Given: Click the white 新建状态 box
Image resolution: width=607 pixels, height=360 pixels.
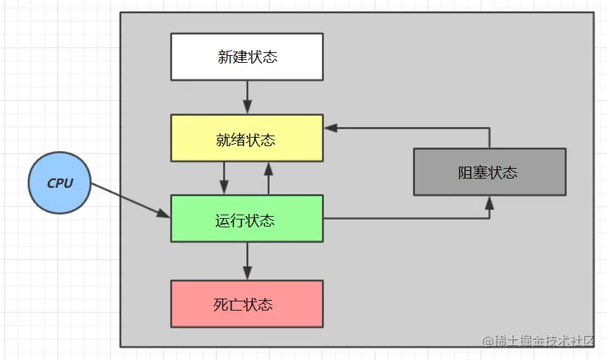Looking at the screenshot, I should pyautogui.click(x=247, y=56).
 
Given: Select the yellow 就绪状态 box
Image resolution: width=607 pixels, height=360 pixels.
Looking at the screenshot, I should pyautogui.click(x=247, y=138).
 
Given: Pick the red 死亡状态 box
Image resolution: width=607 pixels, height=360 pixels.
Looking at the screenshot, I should pyautogui.click(x=247, y=304).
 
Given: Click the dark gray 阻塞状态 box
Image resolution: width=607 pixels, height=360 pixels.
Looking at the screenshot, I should pyautogui.click(x=489, y=172).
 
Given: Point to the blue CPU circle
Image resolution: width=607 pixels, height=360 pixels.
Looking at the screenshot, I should pyautogui.click(x=60, y=183).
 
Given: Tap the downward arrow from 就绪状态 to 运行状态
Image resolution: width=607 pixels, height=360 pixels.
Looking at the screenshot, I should pyautogui.click(x=224, y=178).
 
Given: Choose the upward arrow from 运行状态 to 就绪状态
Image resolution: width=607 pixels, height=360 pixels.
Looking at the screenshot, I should pyautogui.click(x=268, y=178).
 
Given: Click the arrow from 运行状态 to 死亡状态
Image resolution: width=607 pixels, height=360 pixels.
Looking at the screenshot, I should pyautogui.click(x=247, y=262).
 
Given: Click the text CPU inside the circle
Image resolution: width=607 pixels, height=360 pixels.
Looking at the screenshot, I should pyautogui.click(x=60, y=184).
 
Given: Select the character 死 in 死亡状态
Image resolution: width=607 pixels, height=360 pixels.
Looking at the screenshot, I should pyautogui.click(x=221, y=305).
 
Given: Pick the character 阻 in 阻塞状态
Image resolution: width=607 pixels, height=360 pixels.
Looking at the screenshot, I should pyautogui.click(x=466, y=173).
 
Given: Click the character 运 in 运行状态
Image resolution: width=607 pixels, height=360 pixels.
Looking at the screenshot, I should pyautogui.click(x=223, y=221).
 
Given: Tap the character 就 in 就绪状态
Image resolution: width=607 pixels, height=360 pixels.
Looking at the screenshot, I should pyautogui.click(x=224, y=140).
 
